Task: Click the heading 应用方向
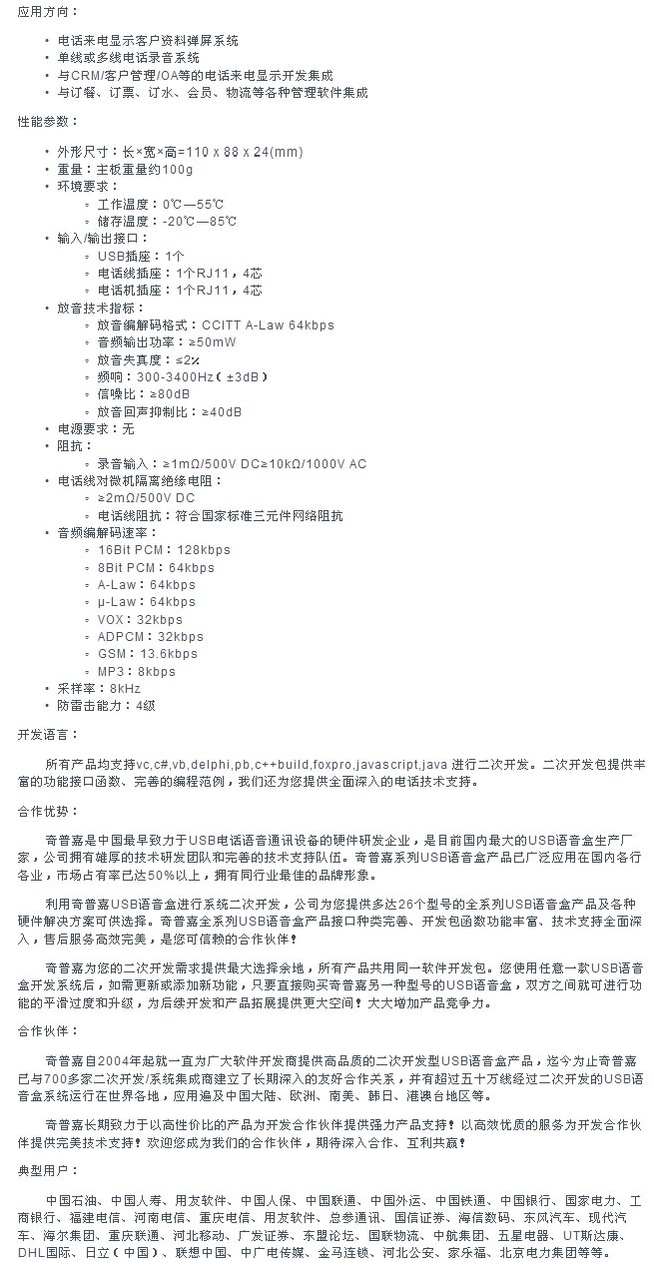[x=47, y=11]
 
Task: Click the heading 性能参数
[x=47, y=121]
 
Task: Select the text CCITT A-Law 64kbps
[x=268, y=324]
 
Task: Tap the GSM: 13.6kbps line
[x=148, y=654]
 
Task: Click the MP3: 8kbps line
[x=137, y=671]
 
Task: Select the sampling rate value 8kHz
[x=126, y=689]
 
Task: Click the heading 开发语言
[x=47, y=734]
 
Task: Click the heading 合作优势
[x=47, y=812]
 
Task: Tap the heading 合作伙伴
[x=47, y=1029]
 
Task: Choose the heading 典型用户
[x=47, y=1169]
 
